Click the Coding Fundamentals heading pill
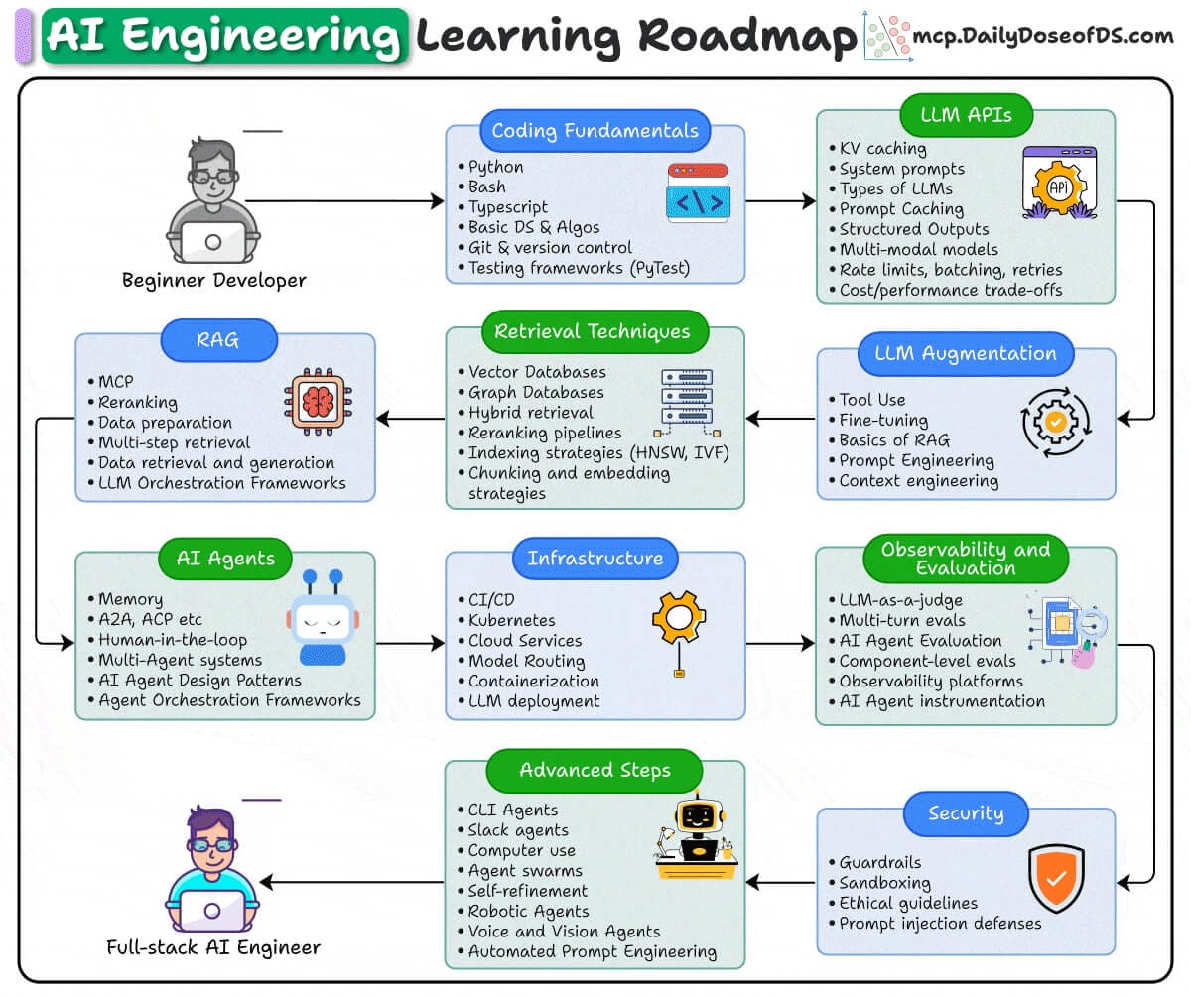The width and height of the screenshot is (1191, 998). click(595, 131)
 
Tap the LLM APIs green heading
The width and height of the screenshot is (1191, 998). click(966, 115)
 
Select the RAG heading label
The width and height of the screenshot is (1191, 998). click(225, 340)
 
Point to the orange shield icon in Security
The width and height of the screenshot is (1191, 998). click(1056, 878)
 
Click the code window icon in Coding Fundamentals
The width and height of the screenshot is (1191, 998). click(698, 193)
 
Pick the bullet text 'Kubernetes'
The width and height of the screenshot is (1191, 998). click(512, 620)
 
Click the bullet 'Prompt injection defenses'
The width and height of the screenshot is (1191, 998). click(940, 924)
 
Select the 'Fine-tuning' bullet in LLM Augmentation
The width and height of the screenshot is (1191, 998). click(884, 420)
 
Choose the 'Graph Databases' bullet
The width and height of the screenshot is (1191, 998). click(536, 393)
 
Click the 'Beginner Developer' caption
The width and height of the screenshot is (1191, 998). click(214, 280)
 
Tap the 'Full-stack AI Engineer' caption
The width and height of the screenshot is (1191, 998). click(213, 947)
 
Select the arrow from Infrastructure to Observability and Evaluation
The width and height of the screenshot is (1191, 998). click(780, 644)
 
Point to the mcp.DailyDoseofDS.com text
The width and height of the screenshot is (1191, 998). click(1042, 36)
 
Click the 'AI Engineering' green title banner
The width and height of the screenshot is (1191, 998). click(224, 36)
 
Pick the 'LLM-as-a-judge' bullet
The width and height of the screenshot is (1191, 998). click(900, 600)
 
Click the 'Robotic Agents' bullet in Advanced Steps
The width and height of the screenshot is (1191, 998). click(529, 911)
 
